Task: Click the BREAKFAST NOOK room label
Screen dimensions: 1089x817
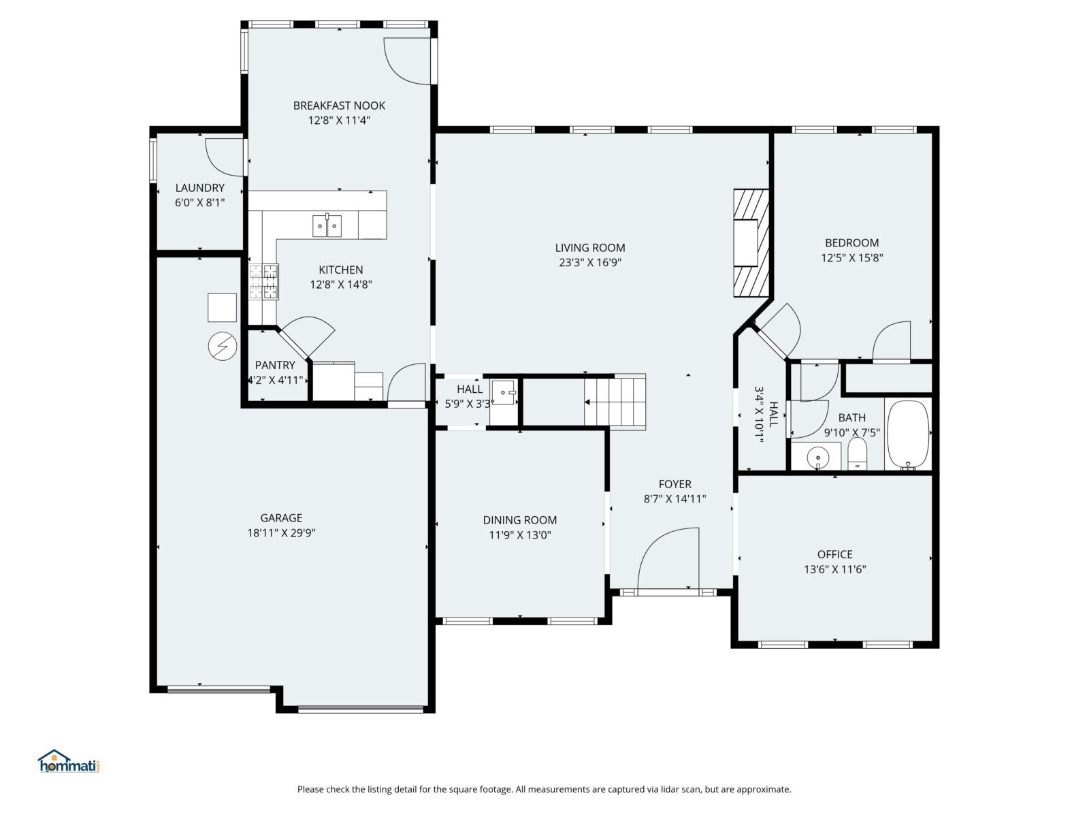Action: [339, 106]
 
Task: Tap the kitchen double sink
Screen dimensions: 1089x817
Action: [327, 226]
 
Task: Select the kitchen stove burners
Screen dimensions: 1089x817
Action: [263, 282]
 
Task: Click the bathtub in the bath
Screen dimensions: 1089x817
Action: [908, 434]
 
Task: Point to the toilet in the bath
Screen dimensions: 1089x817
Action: [857, 453]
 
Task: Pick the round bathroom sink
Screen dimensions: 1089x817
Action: [817, 456]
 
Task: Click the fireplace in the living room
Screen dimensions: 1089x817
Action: [751, 243]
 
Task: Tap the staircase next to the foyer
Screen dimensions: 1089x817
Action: [615, 402]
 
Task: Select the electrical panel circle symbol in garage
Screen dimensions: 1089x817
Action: [223, 347]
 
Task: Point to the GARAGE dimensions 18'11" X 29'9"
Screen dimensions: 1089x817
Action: [281, 533]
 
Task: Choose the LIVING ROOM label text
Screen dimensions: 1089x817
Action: [590, 248]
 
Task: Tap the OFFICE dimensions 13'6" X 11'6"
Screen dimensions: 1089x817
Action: [835, 569]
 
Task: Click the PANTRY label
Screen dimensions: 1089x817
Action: [275, 365]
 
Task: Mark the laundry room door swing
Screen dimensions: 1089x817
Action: [224, 157]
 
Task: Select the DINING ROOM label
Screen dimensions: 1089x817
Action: [520, 520]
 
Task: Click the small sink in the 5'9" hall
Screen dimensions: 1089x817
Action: [504, 392]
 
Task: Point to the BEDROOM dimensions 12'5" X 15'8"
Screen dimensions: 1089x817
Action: [852, 257]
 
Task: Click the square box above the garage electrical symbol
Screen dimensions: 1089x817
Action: [223, 308]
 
